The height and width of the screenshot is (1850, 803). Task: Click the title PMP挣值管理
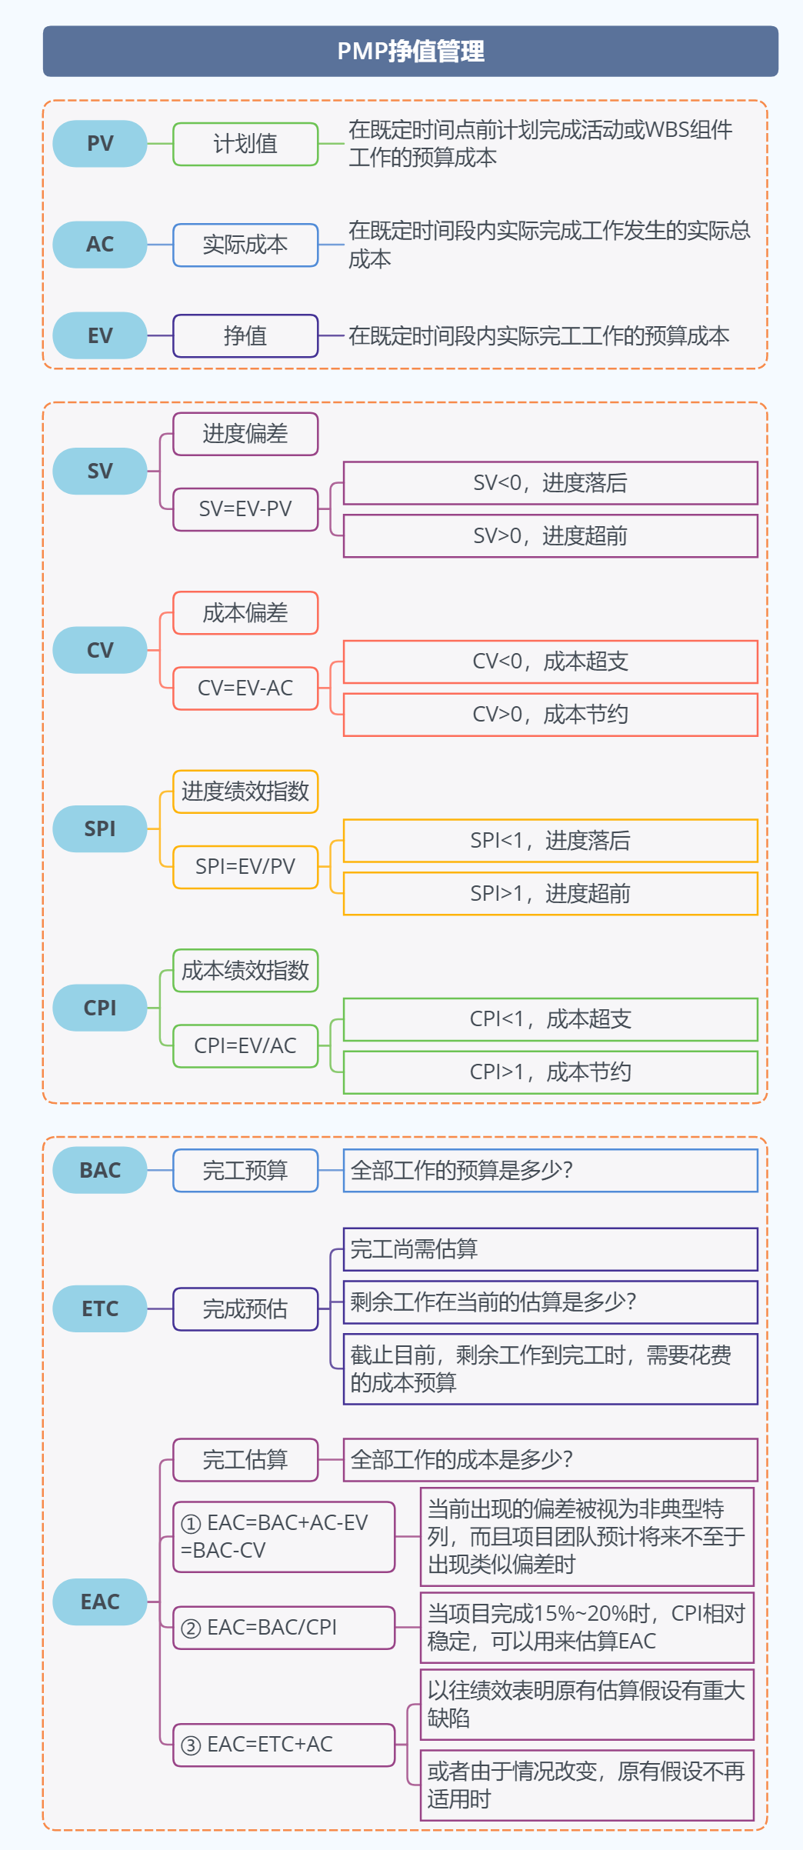tap(410, 52)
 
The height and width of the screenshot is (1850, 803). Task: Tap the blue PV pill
tap(100, 144)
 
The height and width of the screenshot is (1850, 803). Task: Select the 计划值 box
tap(245, 144)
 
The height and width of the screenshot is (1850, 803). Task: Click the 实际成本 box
tap(245, 245)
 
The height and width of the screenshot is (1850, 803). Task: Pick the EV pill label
tap(100, 335)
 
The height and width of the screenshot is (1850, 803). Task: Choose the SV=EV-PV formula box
tap(245, 509)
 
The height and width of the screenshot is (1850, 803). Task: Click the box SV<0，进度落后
tap(550, 483)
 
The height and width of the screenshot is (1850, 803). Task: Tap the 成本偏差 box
tap(245, 613)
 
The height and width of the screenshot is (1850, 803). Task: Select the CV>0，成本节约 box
tap(550, 715)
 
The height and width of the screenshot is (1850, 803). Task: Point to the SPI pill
tap(100, 828)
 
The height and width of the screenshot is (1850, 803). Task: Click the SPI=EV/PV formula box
tap(245, 867)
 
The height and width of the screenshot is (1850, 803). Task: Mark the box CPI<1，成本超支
tap(550, 1019)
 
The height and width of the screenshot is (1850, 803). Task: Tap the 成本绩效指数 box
tap(245, 971)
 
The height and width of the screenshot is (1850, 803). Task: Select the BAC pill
tap(100, 1170)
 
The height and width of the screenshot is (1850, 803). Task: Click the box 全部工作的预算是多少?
tap(550, 1170)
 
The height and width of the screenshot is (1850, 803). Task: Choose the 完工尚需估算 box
tap(550, 1249)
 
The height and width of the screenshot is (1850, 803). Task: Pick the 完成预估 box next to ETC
tap(245, 1308)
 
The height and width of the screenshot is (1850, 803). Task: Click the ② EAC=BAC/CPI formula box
tap(284, 1628)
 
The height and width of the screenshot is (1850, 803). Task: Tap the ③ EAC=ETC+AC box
tap(284, 1745)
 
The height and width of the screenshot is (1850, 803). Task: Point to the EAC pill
tap(100, 1602)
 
